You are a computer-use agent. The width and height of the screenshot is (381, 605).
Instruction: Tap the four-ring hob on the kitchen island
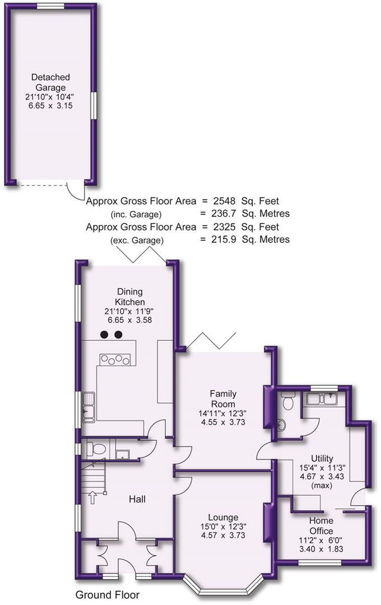(x=118, y=360)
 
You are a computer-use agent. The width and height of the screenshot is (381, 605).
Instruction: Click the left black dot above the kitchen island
(x=104, y=335)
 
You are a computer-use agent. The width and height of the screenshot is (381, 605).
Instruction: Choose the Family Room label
(x=222, y=399)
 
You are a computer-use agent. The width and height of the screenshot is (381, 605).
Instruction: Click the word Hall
(x=137, y=499)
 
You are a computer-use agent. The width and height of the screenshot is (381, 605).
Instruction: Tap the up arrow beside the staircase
(x=93, y=497)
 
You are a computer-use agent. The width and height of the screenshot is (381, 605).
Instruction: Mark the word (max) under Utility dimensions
(x=322, y=486)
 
